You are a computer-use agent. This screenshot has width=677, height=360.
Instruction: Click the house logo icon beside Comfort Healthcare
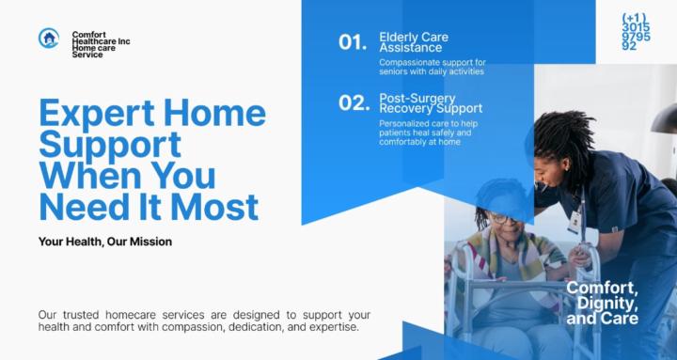49,39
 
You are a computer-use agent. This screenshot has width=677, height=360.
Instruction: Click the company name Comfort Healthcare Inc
100,39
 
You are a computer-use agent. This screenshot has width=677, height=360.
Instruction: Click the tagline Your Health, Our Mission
105,242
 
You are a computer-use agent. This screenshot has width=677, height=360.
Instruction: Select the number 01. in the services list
353,42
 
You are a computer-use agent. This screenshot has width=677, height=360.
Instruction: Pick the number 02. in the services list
354,103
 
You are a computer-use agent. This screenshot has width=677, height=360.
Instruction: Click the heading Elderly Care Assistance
414,42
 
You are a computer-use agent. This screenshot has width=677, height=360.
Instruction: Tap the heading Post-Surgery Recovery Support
430,102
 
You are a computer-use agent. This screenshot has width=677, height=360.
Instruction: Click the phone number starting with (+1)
636,32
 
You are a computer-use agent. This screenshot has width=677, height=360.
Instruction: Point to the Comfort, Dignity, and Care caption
602,303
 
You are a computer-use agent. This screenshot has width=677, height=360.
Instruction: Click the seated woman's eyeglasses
502,218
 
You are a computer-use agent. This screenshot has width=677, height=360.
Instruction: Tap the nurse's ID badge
574,221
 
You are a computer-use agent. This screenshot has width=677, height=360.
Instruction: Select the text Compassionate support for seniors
432,67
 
